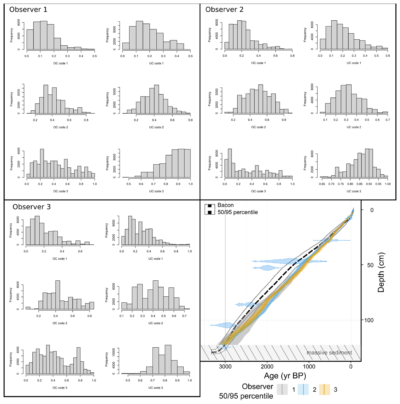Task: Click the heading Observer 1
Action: point(28,10)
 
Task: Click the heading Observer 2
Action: point(224,10)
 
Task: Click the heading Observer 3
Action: point(32,207)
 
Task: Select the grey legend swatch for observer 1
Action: point(282,389)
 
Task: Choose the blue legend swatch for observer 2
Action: point(303,389)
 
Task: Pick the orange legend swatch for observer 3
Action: point(324,389)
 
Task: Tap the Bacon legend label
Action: point(225,205)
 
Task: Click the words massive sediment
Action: point(329,353)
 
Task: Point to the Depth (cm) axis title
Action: point(381,272)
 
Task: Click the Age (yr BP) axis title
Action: point(285,376)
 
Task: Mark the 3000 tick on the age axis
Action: point(225,367)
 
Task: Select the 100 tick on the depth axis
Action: point(369,320)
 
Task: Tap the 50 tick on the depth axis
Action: point(370,265)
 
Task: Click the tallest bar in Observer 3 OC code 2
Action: point(58,294)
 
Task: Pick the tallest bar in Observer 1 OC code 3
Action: point(42,163)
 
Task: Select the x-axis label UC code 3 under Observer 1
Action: point(156,191)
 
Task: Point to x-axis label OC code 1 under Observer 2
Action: point(258,63)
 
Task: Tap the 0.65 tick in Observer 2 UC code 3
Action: point(322,184)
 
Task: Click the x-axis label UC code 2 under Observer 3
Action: point(155,323)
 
